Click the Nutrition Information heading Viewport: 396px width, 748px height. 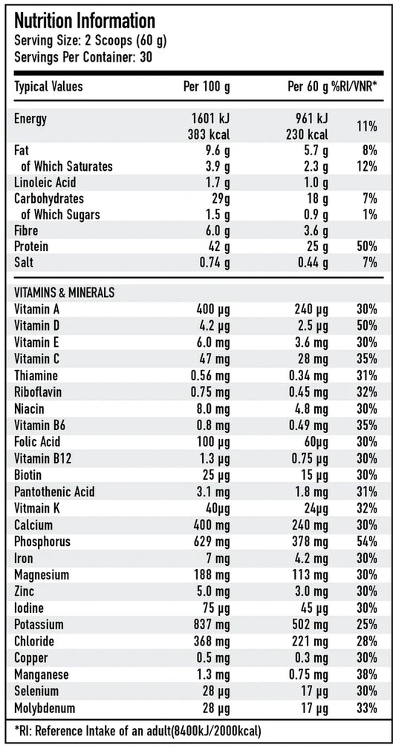coord(85,20)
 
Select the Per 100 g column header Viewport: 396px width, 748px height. coord(207,87)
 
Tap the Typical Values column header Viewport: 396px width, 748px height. coord(49,87)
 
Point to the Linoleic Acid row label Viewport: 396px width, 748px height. coord(45,183)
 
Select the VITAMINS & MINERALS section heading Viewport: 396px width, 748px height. coord(64,293)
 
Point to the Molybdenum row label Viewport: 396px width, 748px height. coord(45,708)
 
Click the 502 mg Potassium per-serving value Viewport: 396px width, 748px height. coord(309,625)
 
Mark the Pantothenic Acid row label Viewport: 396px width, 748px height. coord(54,492)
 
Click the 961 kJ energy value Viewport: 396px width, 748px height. coord(312,119)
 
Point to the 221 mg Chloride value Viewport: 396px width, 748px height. coord(309,641)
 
